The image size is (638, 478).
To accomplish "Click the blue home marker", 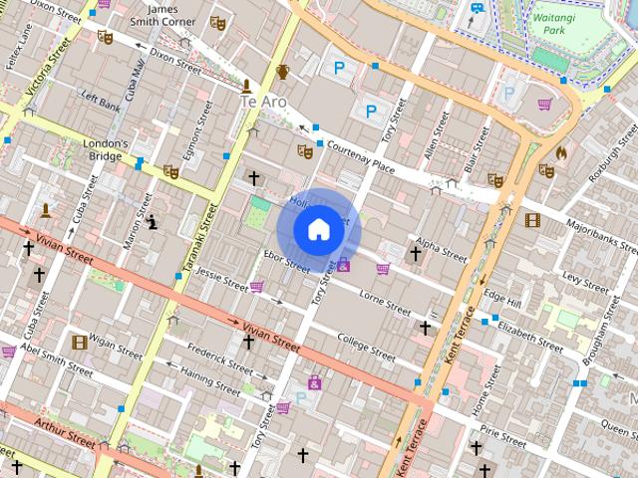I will click(x=318, y=230).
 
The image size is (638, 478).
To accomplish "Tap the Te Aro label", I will click(x=262, y=102).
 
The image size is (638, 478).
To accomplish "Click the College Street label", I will click(x=366, y=345).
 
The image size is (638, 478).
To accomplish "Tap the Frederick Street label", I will click(x=218, y=359).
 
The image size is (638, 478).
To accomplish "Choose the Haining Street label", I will click(x=210, y=380).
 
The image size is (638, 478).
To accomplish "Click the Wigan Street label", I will click(x=116, y=346).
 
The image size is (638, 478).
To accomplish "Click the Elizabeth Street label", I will click(x=530, y=332).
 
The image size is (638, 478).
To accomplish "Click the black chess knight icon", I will click(x=152, y=221).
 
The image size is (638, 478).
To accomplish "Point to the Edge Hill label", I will click(x=501, y=296).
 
